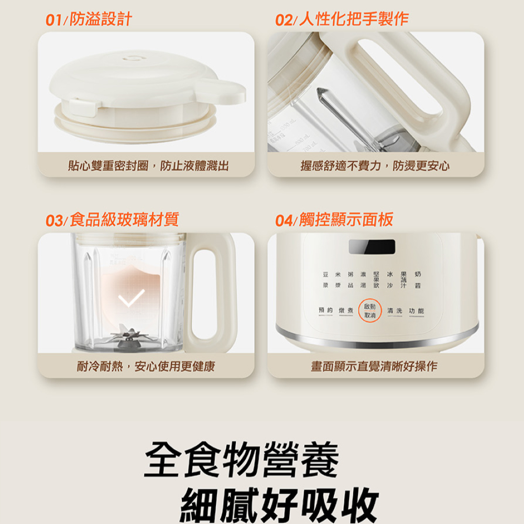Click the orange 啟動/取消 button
click(x=369, y=311)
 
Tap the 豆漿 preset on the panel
click(x=325, y=280)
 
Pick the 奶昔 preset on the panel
click(x=418, y=280)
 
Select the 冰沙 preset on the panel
click(x=390, y=280)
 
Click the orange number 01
click(x=53, y=20)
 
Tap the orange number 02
click(x=283, y=20)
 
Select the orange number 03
click(x=53, y=221)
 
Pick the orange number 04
click(x=283, y=221)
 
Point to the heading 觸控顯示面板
click(x=346, y=220)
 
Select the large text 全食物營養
click(x=241, y=460)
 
